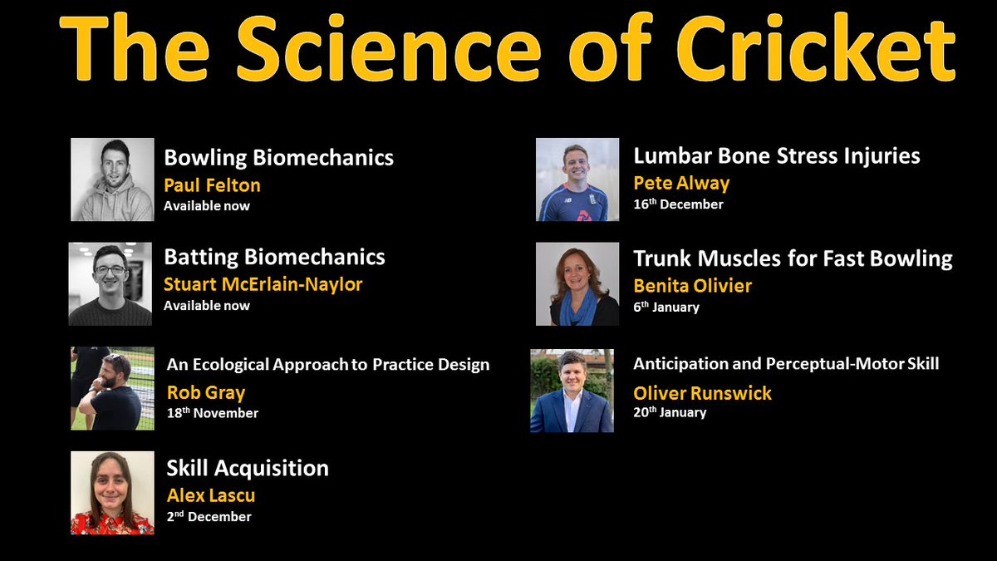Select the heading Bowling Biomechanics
278,157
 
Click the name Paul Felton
212,185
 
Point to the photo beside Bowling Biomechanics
112,180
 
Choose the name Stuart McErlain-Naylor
263,284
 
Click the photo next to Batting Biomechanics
111,283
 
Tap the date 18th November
212,413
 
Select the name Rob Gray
205,392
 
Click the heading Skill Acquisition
246,468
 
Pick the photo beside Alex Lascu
112,493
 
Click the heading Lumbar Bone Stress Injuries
776,155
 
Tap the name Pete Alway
681,183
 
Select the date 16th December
678,204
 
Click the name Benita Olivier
692,286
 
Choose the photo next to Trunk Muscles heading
577,283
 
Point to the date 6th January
665,308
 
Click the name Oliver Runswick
702,392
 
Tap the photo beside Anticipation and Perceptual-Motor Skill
572,391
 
